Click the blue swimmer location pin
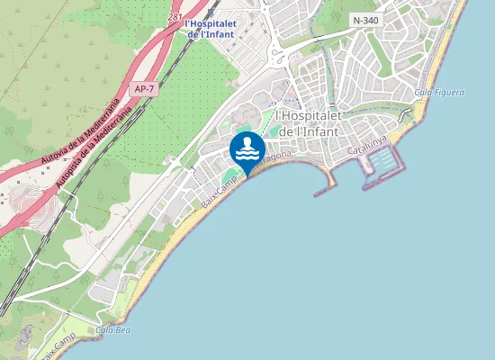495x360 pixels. pyautogui.click(x=247, y=149)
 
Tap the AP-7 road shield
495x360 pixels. pyautogui.click(x=142, y=89)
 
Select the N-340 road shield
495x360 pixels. pyautogui.click(x=365, y=20)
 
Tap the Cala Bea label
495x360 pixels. pyautogui.click(x=112, y=330)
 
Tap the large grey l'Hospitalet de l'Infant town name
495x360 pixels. pyautogui.click(x=309, y=123)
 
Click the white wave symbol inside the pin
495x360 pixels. pyautogui.click(x=247, y=153)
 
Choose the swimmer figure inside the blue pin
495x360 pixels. pyautogui.click(x=247, y=143)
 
